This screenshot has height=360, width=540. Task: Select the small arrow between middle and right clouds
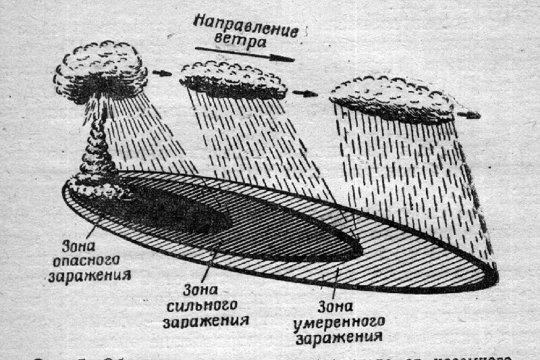[x=305, y=93]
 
